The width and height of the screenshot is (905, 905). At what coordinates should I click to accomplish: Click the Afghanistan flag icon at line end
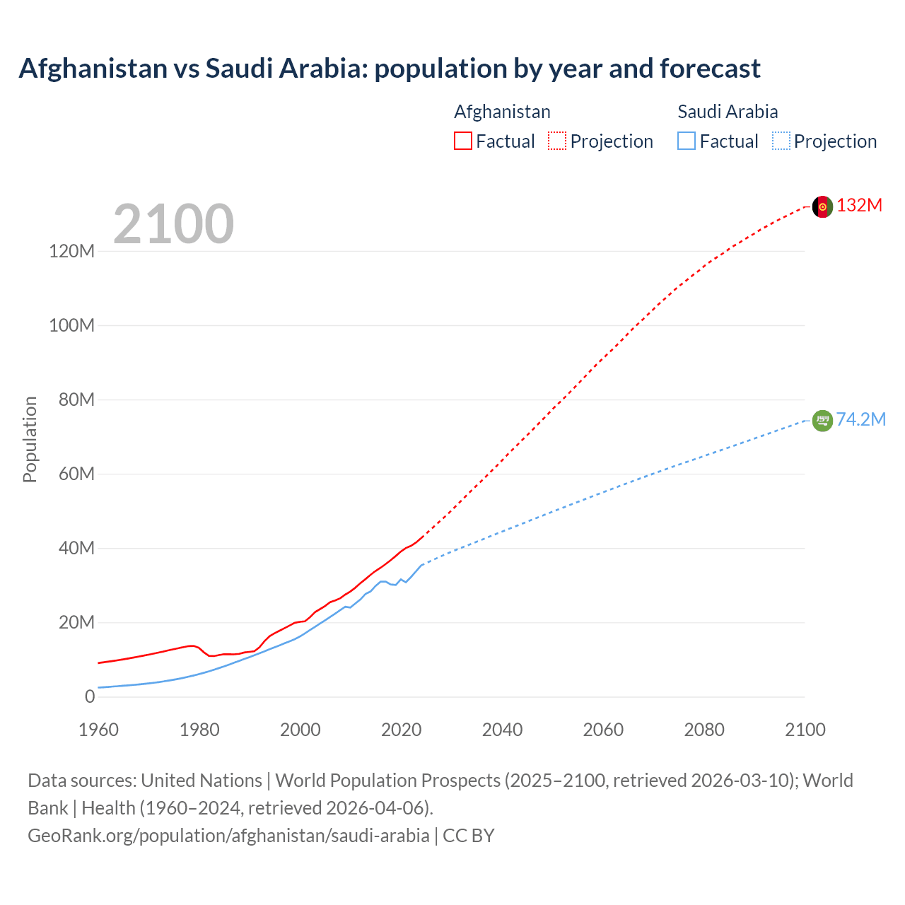click(x=822, y=206)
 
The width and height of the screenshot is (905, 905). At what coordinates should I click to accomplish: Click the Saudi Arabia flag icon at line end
click(x=822, y=421)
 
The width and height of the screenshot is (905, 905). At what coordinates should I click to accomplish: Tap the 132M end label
click(x=859, y=206)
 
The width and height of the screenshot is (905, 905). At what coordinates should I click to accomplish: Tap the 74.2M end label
click(x=860, y=420)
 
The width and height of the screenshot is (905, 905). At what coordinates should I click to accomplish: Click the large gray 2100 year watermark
click(x=173, y=224)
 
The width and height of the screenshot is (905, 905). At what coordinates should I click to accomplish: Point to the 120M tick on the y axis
click(x=71, y=251)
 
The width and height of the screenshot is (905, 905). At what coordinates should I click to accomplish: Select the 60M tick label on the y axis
click(x=76, y=474)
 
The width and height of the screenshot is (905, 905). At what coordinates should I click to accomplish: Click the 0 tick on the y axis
click(x=90, y=696)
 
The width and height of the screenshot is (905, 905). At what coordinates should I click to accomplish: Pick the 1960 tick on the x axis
click(x=98, y=730)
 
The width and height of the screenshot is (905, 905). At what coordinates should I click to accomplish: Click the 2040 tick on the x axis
click(x=502, y=730)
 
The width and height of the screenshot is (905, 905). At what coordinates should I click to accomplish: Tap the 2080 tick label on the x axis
click(x=704, y=730)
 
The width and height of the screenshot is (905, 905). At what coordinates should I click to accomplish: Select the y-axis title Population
click(x=30, y=439)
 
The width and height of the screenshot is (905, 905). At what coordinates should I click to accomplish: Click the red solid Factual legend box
click(x=462, y=141)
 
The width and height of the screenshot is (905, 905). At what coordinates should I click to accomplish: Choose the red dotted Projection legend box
click(x=557, y=141)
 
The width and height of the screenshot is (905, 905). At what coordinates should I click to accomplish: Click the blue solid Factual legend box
click(x=686, y=141)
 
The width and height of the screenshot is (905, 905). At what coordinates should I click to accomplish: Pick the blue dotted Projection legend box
click(x=781, y=141)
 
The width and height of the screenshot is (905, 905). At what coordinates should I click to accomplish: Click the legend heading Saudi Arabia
click(x=728, y=112)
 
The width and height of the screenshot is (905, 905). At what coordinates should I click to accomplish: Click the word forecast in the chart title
click(x=710, y=69)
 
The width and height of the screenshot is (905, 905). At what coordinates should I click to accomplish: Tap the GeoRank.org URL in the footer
click(x=228, y=836)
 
